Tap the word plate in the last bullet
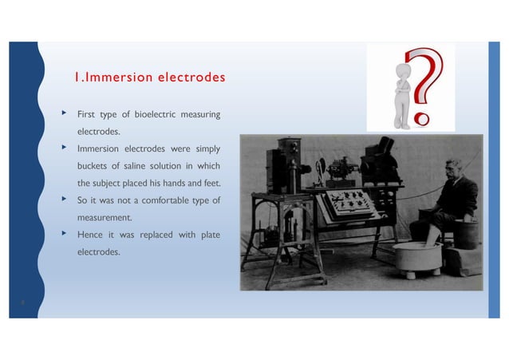(x=207, y=234)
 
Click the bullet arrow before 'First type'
(x=64, y=113)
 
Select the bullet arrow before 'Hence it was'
(x=64, y=233)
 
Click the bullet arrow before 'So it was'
(x=64, y=199)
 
